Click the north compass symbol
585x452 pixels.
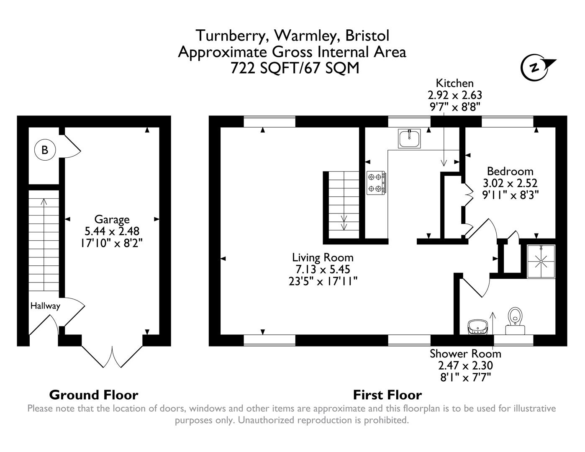pos(536,67)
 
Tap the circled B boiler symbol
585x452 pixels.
pos(45,150)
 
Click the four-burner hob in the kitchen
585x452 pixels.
pos(376,183)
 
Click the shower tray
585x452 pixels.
pos(541,262)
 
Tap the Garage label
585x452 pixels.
pos(112,219)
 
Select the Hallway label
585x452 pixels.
pos(45,306)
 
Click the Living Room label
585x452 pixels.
pos(323,257)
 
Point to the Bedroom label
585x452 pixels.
pos(510,171)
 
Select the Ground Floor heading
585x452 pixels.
pos(94,395)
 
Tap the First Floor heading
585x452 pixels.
pos(387,395)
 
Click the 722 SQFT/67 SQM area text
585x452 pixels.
pos(295,68)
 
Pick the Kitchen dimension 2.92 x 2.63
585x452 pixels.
pos(454,95)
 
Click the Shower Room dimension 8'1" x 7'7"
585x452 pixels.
pos(465,377)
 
